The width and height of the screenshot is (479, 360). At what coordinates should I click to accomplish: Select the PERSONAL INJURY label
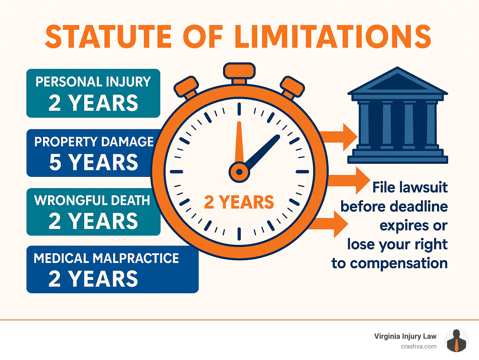click(93, 82)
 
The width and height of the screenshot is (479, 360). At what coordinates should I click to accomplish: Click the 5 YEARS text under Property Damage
click(94, 162)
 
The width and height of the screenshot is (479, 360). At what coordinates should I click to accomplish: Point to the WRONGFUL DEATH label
click(92, 200)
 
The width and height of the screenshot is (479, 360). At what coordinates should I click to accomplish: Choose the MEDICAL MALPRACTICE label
click(106, 258)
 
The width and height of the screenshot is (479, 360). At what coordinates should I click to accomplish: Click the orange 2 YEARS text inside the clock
click(239, 202)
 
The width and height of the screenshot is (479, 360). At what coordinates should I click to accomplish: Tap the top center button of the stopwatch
click(239, 71)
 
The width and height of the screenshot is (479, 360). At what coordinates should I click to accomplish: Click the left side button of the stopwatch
click(186, 86)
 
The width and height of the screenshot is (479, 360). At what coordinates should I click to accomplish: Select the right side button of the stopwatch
click(292, 86)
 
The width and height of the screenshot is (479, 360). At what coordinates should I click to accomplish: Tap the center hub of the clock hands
click(239, 172)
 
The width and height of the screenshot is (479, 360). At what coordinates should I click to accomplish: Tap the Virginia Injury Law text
click(405, 336)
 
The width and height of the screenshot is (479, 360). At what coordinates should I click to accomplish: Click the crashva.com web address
click(419, 346)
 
